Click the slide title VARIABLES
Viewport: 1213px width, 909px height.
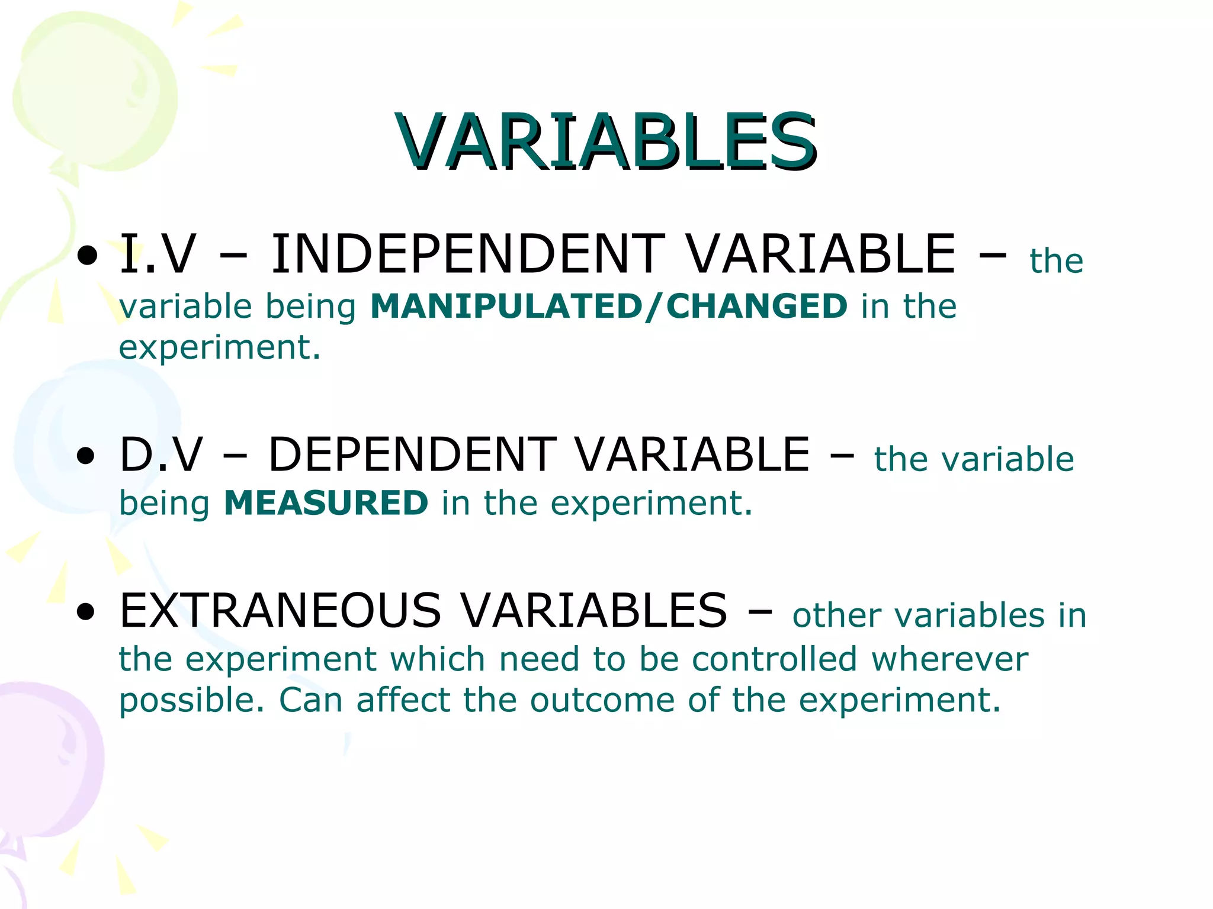coord(606,142)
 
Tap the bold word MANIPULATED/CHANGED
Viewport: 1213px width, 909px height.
coord(608,307)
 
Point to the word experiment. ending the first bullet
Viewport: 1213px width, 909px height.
coord(220,348)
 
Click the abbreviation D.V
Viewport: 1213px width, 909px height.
coord(161,454)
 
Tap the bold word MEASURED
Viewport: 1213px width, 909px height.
coord(326,503)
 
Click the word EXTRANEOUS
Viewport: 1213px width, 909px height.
coord(280,611)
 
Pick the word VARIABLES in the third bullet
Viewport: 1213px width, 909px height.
coord(594,611)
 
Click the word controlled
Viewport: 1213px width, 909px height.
coord(774,659)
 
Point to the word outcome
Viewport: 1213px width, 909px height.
coord(602,701)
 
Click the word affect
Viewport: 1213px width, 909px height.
coord(403,701)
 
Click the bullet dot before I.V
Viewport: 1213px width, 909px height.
coord(88,256)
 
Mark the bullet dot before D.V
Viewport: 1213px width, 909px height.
coord(86,456)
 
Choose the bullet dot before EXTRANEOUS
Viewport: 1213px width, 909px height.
coord(86,612)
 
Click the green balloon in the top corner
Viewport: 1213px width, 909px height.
coord(95,95)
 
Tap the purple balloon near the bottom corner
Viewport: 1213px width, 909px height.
coord(41,763)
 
